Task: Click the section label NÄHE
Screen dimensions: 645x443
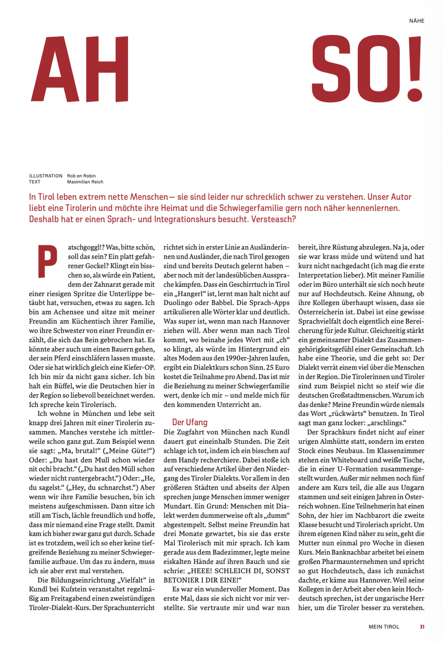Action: [416, 21]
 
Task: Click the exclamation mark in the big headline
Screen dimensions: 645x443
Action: [415, 69]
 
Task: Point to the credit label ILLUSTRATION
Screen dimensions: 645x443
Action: [46, 176]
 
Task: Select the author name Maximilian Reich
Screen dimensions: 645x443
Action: [85, 182]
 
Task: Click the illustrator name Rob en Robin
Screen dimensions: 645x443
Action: [81, 176]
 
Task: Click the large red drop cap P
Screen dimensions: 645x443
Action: [47, 261]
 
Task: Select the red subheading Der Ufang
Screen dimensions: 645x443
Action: [190, 422]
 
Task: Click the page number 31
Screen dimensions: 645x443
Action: [422, 627]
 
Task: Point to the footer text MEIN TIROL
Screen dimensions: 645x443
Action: [384, 627]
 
